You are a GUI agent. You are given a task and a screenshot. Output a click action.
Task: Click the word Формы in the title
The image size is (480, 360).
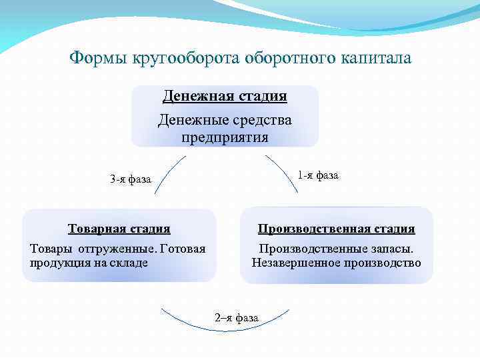(x=99, y=58)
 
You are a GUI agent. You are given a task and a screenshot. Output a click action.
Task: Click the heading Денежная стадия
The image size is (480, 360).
(x=225, y=96)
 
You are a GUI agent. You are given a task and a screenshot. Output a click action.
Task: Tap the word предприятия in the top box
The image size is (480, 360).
(x=225, y=138)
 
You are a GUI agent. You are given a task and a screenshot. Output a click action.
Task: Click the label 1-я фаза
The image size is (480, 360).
(x=318, y=175)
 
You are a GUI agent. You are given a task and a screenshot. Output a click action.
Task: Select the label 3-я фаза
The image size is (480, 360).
(x=131, y=179)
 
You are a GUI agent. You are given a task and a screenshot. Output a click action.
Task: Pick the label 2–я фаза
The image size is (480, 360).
(x=237, y=317)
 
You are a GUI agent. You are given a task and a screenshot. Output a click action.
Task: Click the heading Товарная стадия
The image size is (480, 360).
(x=119, y=229)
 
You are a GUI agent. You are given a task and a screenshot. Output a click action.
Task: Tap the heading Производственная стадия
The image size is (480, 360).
(x=337, y=229)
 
